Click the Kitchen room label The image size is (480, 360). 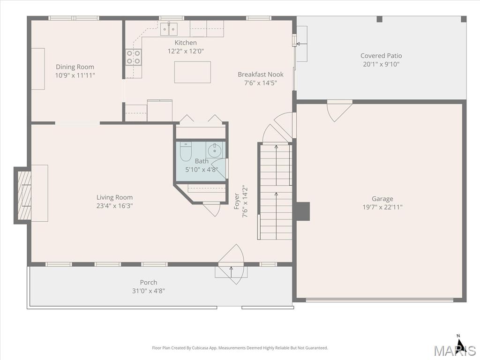[x=186, y=43]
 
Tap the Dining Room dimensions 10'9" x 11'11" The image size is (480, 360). [x=75, y=75]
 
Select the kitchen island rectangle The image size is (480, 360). [x=193, y=72]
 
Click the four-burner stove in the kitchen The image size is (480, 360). [x=134, y=57]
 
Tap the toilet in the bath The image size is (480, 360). [x=185, y=151]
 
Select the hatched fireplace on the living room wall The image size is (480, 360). [x=24, y=195]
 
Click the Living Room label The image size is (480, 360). [x=114, y=197]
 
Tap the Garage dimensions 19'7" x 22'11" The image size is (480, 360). [x=382, y=207]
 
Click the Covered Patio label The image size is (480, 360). [x=381, y=56]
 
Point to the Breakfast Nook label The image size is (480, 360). [x=261, y=75]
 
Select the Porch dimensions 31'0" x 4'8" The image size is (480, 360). [x=149, y=291]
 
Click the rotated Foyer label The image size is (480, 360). [x=237, y=201]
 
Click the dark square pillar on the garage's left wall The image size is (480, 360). [x=303, y=211]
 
